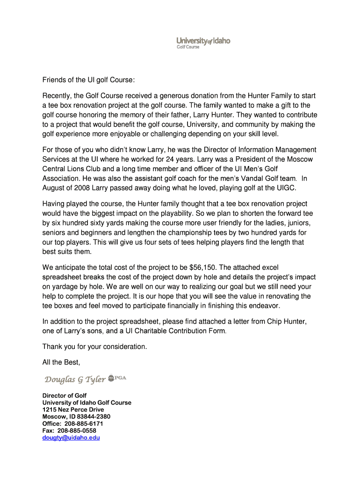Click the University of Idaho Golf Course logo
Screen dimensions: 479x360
click(203, 43)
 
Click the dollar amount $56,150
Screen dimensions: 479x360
click(203, 267)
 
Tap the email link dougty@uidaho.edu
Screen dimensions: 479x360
click(71, 438)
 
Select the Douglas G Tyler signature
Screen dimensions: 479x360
click(75, 379)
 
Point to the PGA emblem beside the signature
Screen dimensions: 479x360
click(117, 377)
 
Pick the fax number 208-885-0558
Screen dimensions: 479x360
click(77, 430)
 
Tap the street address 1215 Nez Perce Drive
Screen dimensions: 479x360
click(73, 409)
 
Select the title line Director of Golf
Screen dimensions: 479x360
click(65, 395)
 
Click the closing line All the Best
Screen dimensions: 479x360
click(61, 362)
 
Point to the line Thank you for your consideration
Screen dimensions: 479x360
click(94, 347)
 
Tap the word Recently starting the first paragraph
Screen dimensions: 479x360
click(56, 95)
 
